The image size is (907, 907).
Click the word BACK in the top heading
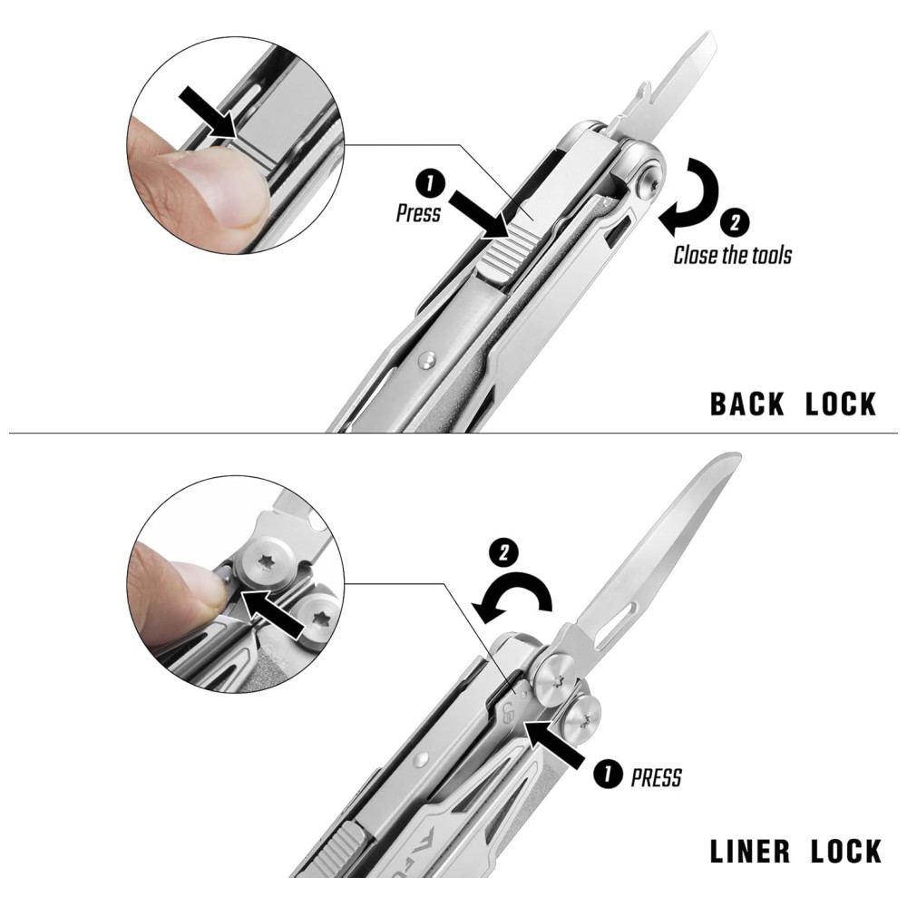[x=746, y=404]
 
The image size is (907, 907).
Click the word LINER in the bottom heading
[x=750, y=851]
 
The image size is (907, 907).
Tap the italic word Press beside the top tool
[x=418, y=213]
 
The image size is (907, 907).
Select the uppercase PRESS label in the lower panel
[x=656, y=778]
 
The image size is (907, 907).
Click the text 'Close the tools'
[x=732, y=255]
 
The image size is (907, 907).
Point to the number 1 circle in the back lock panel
[x=430, y=184]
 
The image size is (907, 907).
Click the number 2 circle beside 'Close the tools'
[x=735, y=223]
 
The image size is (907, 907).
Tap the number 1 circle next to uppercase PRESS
[x=609, y=774]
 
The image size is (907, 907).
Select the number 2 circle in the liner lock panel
[x=503, y=552]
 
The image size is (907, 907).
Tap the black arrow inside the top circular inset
[x=210, y=112]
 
